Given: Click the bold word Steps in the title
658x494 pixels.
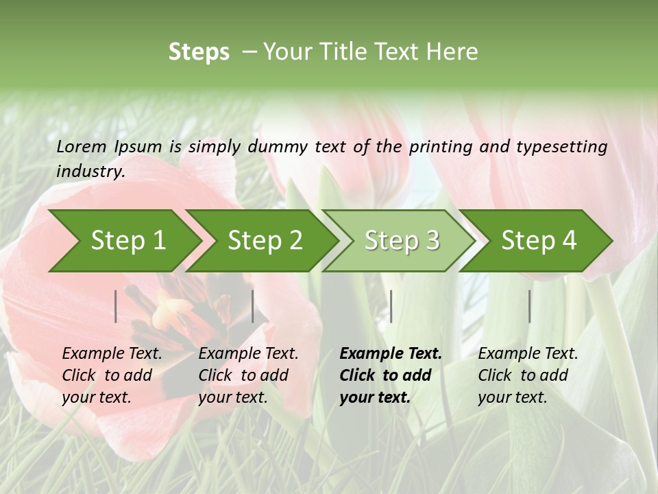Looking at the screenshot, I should click(199, 52).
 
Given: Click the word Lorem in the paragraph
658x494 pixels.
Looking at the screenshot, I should click(82, 147).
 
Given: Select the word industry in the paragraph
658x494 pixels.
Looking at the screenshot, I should click(90, 172).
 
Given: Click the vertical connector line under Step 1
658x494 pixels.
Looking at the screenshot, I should click(116, 306).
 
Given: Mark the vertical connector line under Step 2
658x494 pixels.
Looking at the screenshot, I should click(253, 306).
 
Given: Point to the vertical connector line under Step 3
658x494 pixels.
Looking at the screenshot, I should click(391, 306).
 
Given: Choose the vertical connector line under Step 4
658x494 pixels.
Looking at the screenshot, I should click(529, 306).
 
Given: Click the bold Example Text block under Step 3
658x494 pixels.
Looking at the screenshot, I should click(391, 375).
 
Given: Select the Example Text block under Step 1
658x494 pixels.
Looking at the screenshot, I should click(112, 375).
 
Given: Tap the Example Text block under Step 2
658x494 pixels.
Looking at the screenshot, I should click(248, 375).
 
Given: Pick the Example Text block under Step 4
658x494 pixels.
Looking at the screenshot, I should click(528, 375).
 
